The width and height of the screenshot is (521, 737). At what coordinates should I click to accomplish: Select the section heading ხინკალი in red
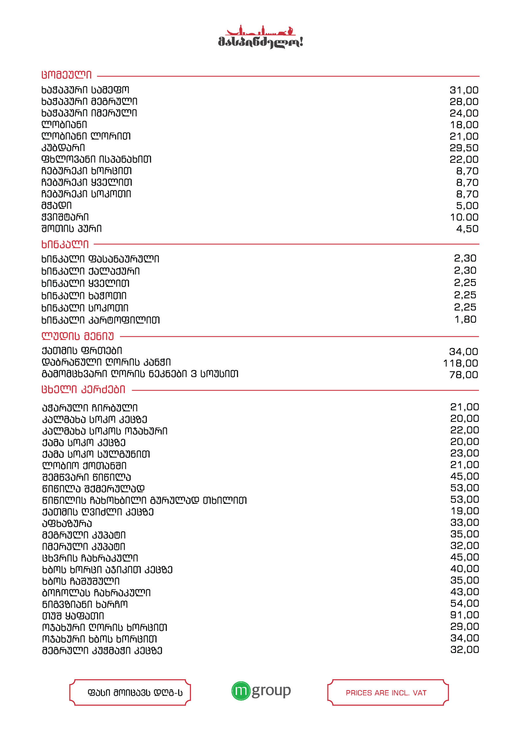point(65,245)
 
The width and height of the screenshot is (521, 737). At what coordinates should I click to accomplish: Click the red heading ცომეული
point(66,75)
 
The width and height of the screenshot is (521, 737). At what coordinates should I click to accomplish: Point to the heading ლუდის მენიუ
point(78,337)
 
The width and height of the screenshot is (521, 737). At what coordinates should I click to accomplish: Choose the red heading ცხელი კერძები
point(83,390)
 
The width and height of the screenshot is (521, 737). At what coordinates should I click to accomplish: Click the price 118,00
point(460,363)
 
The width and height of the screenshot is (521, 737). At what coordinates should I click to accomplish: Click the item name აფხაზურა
point(67,524)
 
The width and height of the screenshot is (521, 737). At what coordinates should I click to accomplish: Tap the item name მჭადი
point(56,206)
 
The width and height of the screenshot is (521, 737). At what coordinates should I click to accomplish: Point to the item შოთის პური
point(72,229)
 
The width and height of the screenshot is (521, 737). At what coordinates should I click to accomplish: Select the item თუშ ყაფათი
point(73,616)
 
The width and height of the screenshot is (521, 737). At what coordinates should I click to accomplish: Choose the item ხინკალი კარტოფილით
point(100,320)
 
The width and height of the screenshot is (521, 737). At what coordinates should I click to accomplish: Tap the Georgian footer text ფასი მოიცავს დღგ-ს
point(135,693)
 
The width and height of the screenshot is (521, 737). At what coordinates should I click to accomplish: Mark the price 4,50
point(467,229)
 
